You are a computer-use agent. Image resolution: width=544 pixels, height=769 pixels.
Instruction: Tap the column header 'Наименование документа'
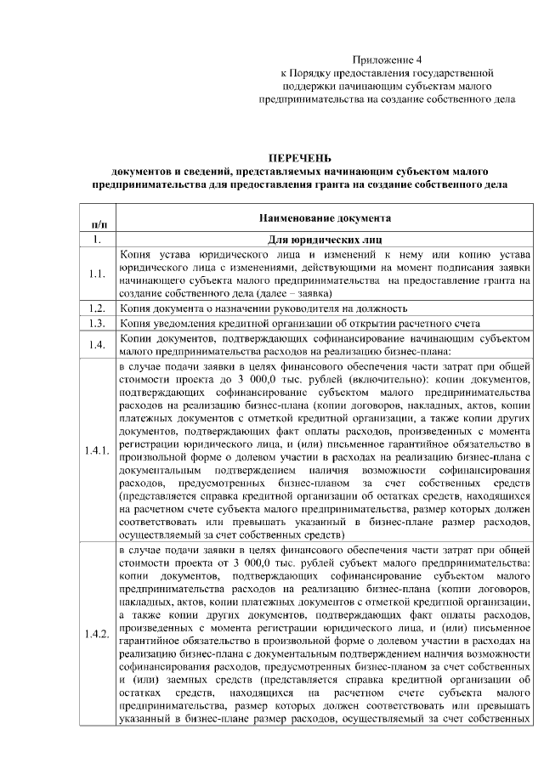[x=321, y=218]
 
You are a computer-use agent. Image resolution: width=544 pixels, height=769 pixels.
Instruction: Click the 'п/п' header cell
[x=98, y=223]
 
